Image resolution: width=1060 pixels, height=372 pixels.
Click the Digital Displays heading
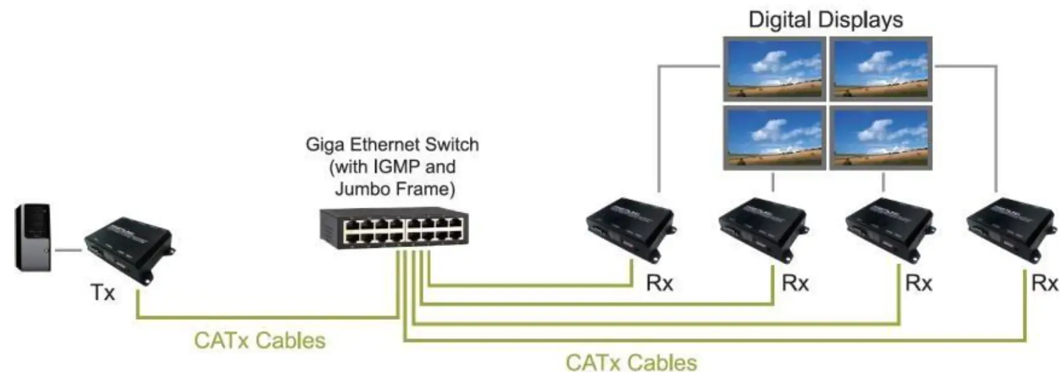click(x=825, y=19)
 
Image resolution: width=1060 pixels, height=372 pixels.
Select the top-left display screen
click(x=773, y=69)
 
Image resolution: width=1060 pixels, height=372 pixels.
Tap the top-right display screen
click(x=881, y=69)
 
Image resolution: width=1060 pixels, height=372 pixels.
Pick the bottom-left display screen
click(x=773, y=138)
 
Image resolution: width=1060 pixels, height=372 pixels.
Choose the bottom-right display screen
click(x=881, y=138)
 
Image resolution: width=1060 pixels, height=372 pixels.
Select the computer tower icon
click(x=33, y=238)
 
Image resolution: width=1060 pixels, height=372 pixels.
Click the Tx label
click(x=103, y=292)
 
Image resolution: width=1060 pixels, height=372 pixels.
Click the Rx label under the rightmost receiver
click(x=1044, y=284)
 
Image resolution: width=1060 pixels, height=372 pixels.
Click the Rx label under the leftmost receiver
click(x=660, y=284)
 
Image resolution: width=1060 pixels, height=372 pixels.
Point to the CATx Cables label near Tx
click(x=260, y=341)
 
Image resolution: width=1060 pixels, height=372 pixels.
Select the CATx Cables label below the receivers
click(x=631, y=363)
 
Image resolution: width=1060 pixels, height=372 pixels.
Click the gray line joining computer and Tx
click(x=68, y=250)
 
